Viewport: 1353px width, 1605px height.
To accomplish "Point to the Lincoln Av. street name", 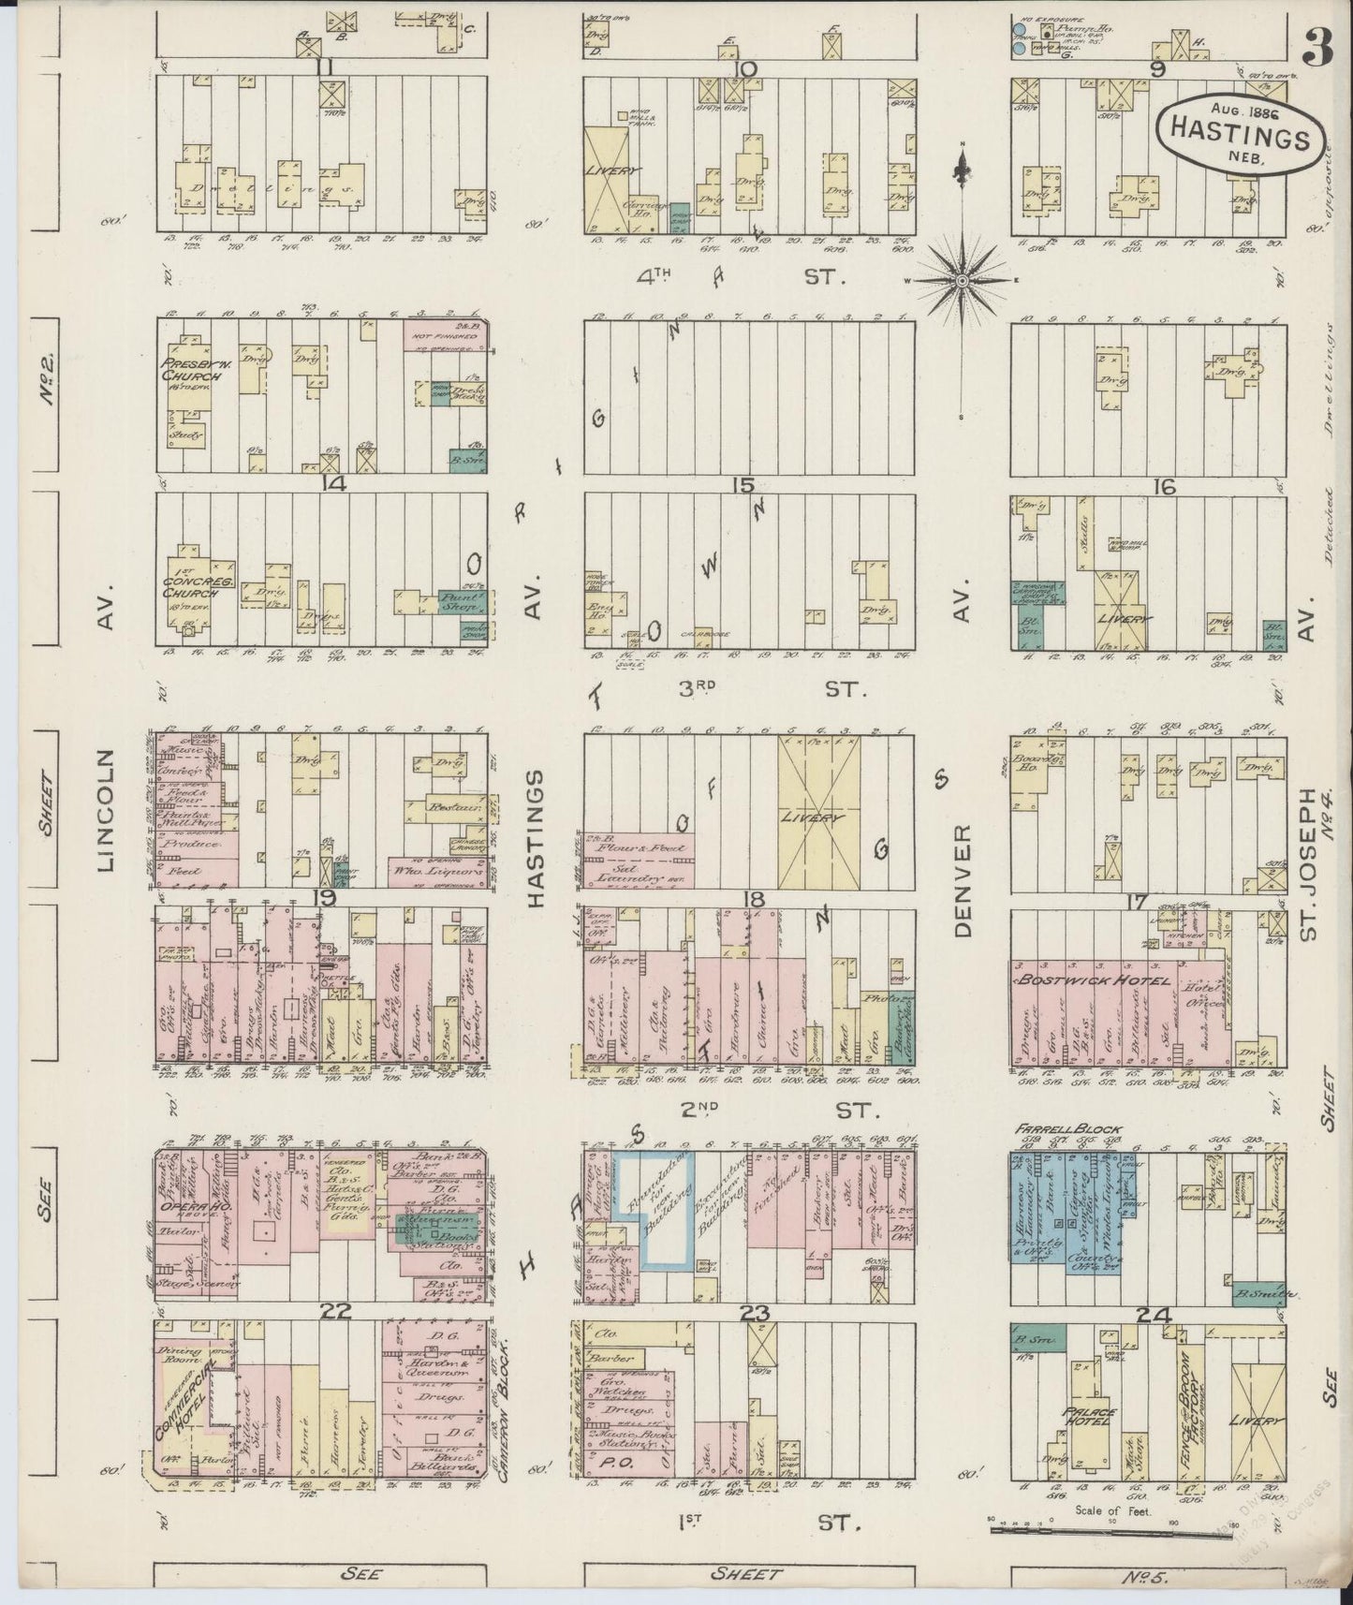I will pyautogui.click(x=104, y=810).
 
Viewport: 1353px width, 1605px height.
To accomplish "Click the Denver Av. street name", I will pyautogui.click(x=963, y=880).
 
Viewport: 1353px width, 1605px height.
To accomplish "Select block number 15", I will pyautogui.click(x=744, y=484).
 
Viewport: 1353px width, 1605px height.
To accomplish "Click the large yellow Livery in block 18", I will pyautogui.click(x=818, y=817).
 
